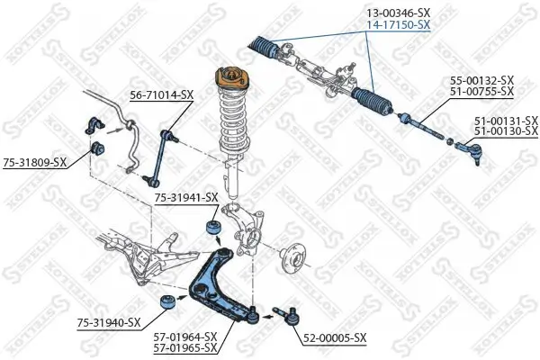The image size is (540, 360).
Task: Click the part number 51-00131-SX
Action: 506,120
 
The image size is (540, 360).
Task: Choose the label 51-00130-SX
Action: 506,131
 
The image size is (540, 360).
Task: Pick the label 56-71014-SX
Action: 162,93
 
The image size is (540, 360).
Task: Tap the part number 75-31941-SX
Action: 186,197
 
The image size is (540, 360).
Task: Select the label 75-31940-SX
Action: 109,322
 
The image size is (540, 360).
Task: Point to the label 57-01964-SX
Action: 186,336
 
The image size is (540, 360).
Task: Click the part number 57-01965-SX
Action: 186,347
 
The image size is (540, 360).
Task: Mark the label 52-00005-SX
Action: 336,339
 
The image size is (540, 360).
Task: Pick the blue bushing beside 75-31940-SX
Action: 166,301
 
